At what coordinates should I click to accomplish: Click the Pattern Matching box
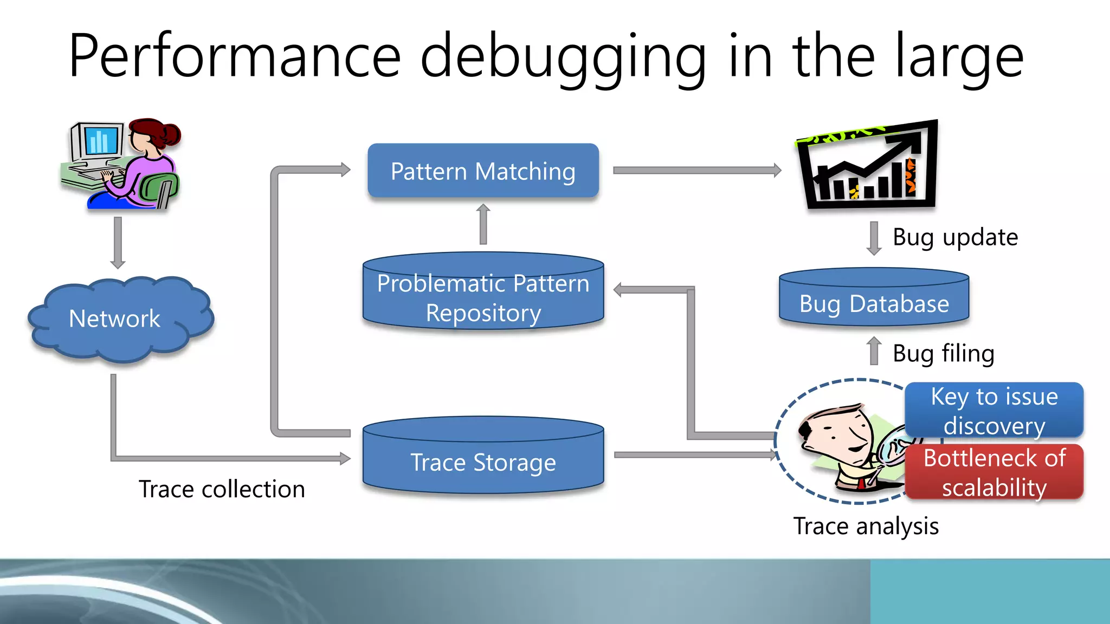483,171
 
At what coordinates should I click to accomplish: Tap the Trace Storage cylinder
483,461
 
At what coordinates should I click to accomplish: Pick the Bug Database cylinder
874,303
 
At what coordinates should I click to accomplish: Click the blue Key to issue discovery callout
994,411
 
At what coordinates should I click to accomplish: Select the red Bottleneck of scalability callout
994,472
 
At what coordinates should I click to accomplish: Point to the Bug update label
955,237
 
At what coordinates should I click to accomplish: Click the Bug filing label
943,354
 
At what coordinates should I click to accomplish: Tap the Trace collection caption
222,489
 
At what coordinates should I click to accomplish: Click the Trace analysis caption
866,526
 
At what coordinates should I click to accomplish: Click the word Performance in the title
234,56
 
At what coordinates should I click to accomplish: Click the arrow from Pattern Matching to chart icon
696,171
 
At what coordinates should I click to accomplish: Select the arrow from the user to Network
118,243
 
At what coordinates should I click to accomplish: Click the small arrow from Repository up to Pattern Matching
483,225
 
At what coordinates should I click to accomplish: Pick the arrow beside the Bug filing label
874,351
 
